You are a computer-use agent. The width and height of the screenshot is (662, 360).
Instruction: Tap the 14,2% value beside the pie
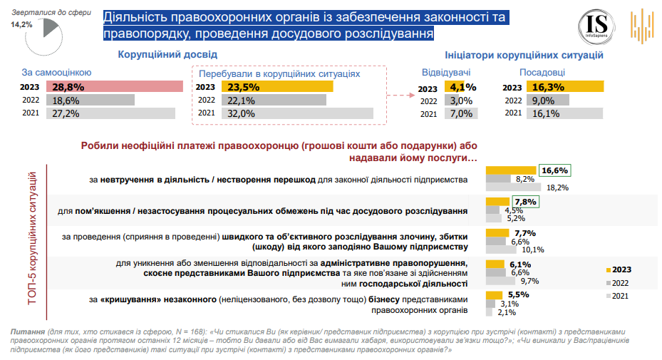[21, 24]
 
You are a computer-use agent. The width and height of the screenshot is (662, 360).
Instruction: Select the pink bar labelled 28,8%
[113, 86]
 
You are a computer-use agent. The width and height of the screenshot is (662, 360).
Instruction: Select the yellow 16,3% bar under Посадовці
[565, 87]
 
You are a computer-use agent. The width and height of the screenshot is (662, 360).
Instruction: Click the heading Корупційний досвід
[167, 55]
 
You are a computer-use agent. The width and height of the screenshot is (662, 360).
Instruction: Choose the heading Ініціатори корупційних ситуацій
[524, 55]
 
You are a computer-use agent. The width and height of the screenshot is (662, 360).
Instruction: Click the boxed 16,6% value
[554, 170]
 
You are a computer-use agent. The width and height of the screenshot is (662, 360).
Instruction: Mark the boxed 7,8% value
[525, 202]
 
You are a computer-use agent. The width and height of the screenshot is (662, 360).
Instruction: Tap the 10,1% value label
[533, 250]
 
